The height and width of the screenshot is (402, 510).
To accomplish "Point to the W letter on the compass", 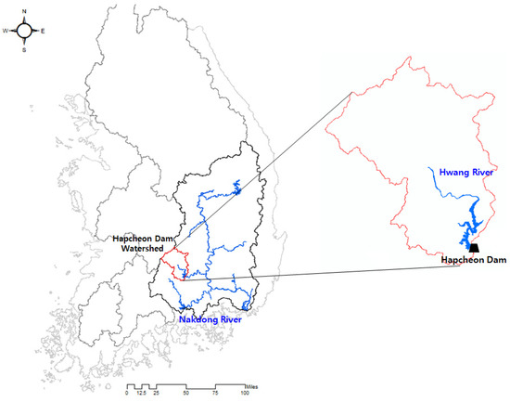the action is point(6,31).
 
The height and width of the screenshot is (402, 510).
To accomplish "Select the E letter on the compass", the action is point(44,31).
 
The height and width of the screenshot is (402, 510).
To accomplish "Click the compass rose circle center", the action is point(26,31).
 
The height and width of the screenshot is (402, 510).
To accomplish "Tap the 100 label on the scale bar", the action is point(246,394).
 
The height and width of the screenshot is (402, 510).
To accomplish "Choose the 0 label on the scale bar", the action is point(127,394).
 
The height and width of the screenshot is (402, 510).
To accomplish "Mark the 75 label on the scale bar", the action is point(217,394).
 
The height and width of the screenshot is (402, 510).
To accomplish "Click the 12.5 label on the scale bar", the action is point(141,394).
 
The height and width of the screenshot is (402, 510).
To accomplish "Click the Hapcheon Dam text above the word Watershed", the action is point(142,240).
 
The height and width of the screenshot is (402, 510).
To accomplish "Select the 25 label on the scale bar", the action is point(157,394).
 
